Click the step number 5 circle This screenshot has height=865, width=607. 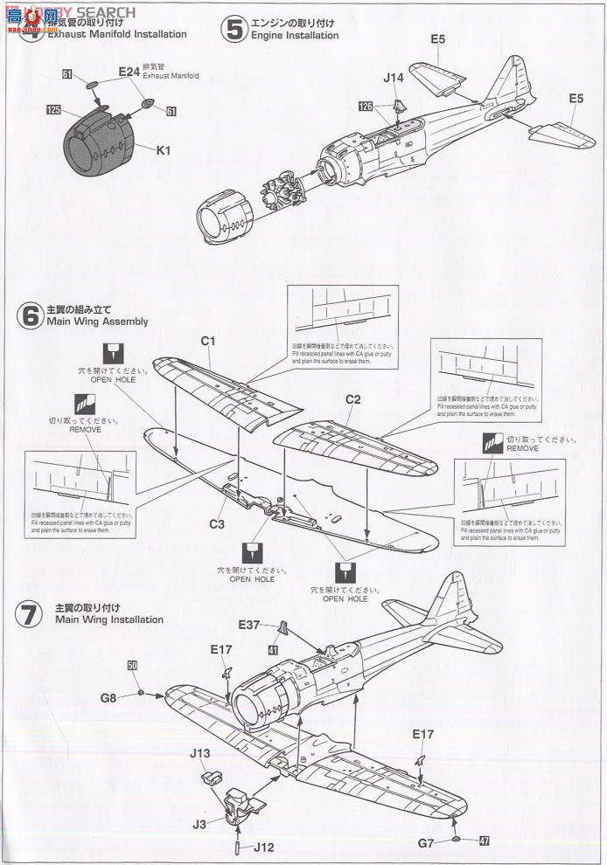coord(234,30)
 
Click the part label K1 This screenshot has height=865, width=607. coord(163,150)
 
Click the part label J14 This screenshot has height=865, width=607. coord(393,78)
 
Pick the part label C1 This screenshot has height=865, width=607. coord(208,342)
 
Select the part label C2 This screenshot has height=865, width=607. coord(353,399)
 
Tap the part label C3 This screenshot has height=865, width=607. coord(217,524)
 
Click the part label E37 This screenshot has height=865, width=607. coord(249,625)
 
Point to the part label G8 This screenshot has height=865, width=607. coord(108,697)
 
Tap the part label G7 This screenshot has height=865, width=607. coord(426,843)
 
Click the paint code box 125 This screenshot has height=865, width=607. coord(53,110)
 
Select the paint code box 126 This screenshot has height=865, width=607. coord(366,106)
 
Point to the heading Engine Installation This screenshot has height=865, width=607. coord(294,36)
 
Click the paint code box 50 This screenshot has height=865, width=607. coord(132,666)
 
